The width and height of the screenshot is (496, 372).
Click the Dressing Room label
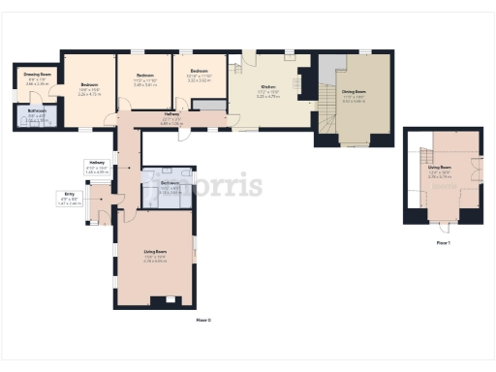click(39, 74)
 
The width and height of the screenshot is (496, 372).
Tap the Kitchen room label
click(268, 86)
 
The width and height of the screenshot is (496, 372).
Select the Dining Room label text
click(354, 92)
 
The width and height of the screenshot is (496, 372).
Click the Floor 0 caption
click(202, 320)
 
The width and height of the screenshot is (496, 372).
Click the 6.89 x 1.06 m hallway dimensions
click(171, 123)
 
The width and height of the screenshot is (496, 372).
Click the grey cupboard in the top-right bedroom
click(215, 105)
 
